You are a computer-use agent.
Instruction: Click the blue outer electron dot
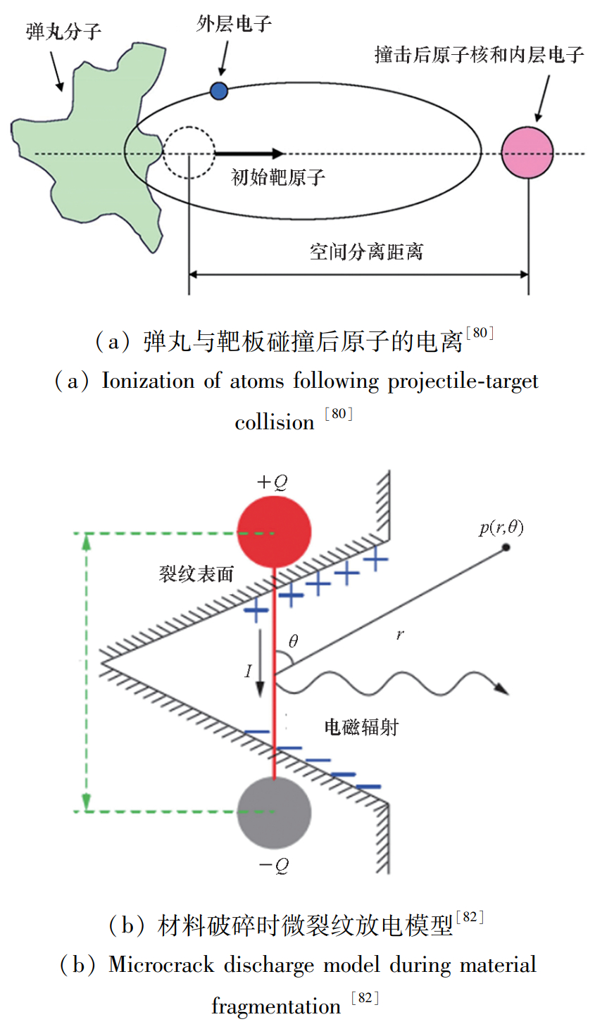click(219, 90)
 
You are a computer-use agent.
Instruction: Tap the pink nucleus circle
click(527, 153)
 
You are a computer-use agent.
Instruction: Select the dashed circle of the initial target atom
click(189, 152)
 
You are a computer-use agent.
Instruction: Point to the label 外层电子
click(234, 24)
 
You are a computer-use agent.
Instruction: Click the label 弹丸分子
click(63, 32)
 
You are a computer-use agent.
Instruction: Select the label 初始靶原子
click(278, 177)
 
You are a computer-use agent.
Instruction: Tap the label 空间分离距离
click(366, 251)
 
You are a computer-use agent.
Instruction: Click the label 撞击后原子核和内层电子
click(479, 55)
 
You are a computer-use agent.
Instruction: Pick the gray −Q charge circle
click(274, 813)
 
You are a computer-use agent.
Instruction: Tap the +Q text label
click(272, 482)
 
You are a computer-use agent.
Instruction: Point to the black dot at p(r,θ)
click(506, 547)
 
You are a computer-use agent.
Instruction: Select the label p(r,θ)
click(501, 528)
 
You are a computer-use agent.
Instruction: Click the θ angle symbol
click(293, 641)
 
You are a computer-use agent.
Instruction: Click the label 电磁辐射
click(361, 727)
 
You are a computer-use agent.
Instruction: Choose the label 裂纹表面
click(196, 574)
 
